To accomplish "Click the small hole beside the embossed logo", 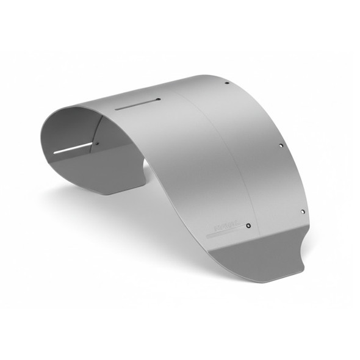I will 248,225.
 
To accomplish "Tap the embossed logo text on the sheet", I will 227,227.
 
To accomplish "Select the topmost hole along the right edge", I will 227,83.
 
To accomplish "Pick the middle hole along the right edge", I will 280,146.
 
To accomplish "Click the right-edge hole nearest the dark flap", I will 302,211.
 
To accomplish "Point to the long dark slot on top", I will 138,104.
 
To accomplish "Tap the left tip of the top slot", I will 117,110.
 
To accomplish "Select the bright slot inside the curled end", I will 73,148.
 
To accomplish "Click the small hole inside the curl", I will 96,144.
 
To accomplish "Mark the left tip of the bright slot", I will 55,152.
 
